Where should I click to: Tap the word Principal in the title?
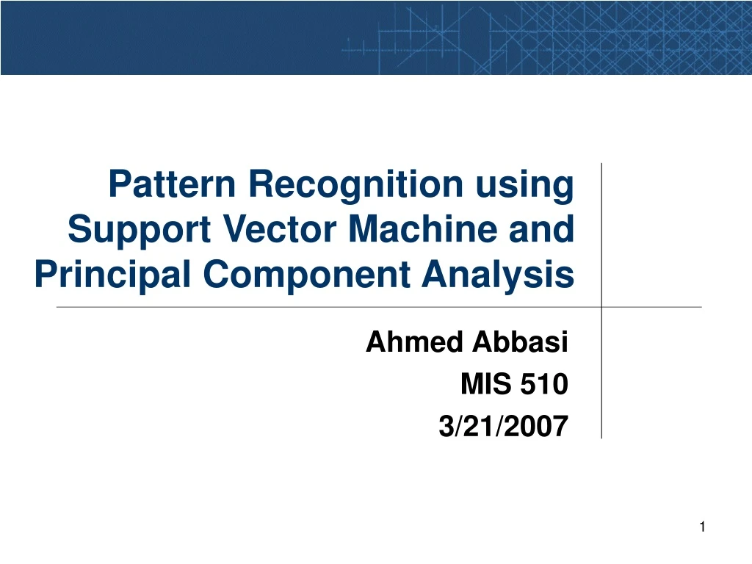112,275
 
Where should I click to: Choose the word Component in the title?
308,275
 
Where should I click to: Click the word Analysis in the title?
498,275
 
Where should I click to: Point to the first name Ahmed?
413,341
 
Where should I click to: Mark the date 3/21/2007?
503,427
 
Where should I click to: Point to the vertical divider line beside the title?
601,235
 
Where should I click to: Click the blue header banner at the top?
376,37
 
